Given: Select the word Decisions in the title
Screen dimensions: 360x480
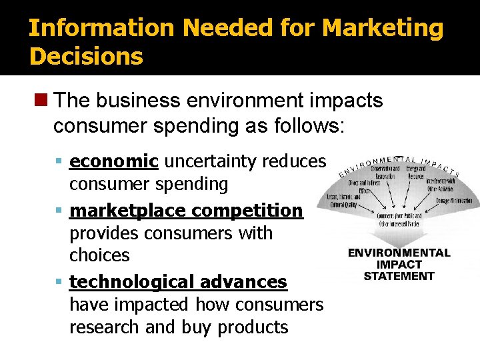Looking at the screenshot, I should point(86,56).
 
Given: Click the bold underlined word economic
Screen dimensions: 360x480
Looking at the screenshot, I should point(114,161).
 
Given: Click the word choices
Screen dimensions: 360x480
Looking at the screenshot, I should point(99,255).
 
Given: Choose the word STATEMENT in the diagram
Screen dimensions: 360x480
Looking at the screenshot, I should point(399,276).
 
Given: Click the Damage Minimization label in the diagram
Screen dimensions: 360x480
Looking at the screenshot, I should point(454,200).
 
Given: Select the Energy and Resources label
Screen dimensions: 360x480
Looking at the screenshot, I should point(416,173).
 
